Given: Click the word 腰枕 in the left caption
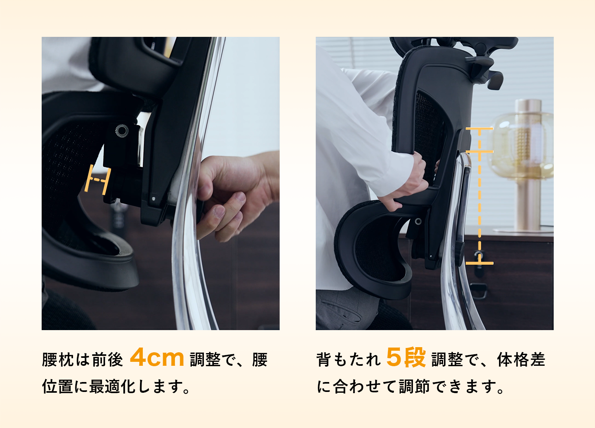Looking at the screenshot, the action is (58, 360).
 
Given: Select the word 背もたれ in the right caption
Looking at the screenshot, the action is (349, 360).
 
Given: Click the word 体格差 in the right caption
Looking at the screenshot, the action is (521, 360).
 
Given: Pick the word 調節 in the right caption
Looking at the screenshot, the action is (415, 386).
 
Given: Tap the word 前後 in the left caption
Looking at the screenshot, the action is (107, 360).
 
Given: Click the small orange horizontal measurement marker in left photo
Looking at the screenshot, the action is (98, 180).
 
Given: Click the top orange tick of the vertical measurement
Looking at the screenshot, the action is (480, 128).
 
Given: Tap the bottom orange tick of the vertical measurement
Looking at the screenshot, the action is (480, 263).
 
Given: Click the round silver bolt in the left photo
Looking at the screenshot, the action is (122, 130).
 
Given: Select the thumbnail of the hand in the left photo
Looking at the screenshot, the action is (220, 212).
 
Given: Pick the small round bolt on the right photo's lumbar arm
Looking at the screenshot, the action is (418, 221).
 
